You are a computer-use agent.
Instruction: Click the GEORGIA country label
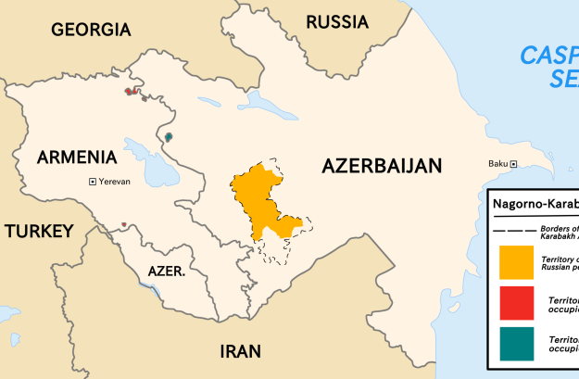click(91, 30)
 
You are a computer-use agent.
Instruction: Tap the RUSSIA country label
click(336, 22)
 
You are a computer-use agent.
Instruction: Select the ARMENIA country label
click(77, 158)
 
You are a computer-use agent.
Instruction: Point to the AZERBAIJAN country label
click(382, 167)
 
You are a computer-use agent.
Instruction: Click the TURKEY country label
click(38, 232)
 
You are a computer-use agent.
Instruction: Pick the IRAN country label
click(240, 351)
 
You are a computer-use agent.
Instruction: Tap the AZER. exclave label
click(167, 272)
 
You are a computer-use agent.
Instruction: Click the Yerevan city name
click(115, 182)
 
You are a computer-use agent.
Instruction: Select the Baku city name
click(498, 165)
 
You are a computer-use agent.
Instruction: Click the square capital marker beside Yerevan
click(92, 182)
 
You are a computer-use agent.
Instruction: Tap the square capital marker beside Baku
click(515, 165)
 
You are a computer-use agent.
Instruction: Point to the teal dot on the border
click(169, 137)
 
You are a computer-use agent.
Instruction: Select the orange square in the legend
click(515, 262)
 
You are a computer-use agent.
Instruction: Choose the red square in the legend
click(515, 304)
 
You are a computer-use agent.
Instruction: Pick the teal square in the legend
click(515, 344)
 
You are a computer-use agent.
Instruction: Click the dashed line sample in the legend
click(511, 230)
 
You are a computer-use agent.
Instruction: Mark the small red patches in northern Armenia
click(132, 91)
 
